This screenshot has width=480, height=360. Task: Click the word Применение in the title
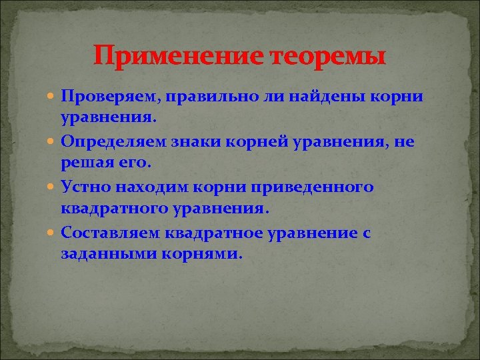click(x=178, y=55)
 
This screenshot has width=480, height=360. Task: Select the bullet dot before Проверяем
click(x=53, y=96)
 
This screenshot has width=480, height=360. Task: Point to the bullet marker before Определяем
click(x=53, y=142)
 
